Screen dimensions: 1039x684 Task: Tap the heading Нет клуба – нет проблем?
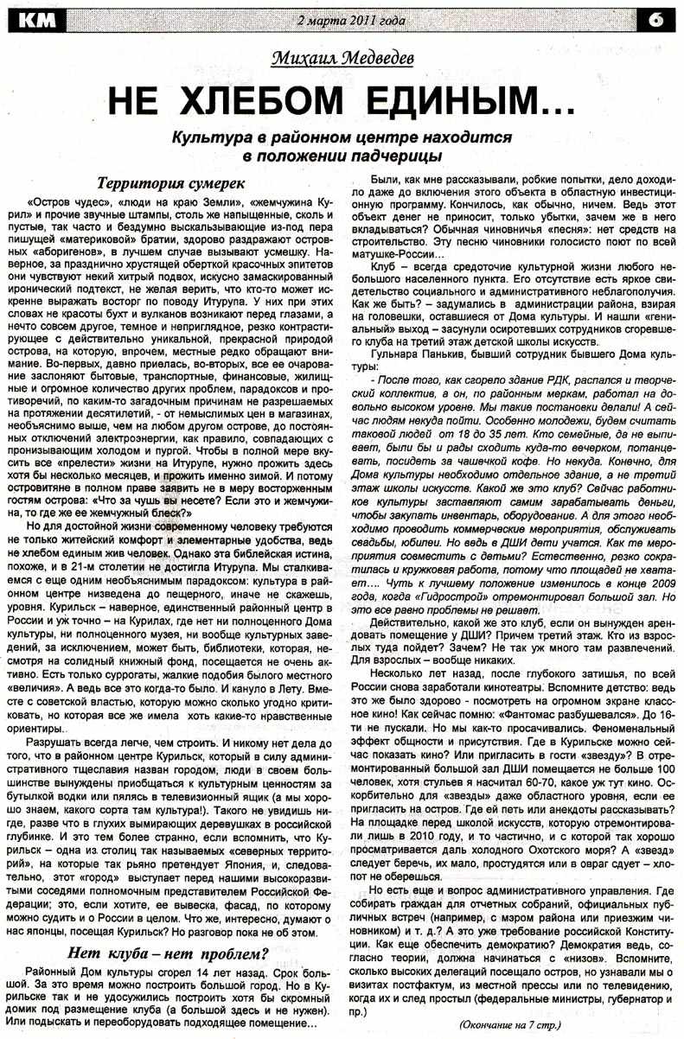(x=169, y=954)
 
